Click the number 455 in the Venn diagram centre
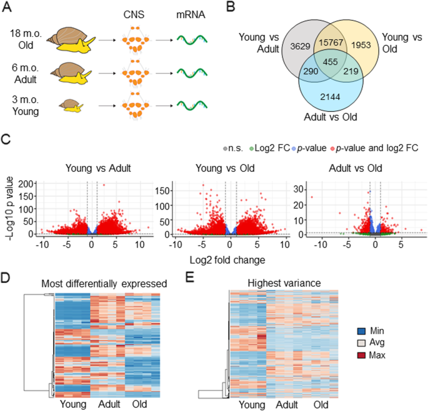(331, 62)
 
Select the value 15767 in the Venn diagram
(331, 43)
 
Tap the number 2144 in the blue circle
(330, 97)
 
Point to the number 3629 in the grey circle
(300, 46)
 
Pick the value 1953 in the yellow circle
(361, 45)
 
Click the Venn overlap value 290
(311, 71)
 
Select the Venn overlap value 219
(351, 71)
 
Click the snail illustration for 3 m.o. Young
(71, 106)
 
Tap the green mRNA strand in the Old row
(192, 40)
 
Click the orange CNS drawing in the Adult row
(136, 73)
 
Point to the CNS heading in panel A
(134, 14)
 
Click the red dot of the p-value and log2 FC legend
(332, 149)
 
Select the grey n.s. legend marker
(225, 149)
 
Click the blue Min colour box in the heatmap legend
(361, 331)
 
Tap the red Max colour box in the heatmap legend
(361, 355)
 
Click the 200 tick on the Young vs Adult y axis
(26, 184)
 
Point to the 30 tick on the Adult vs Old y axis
(299, 189)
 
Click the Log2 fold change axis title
(227, 260)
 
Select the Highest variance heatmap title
(284, 283)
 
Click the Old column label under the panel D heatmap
(139, 404)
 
